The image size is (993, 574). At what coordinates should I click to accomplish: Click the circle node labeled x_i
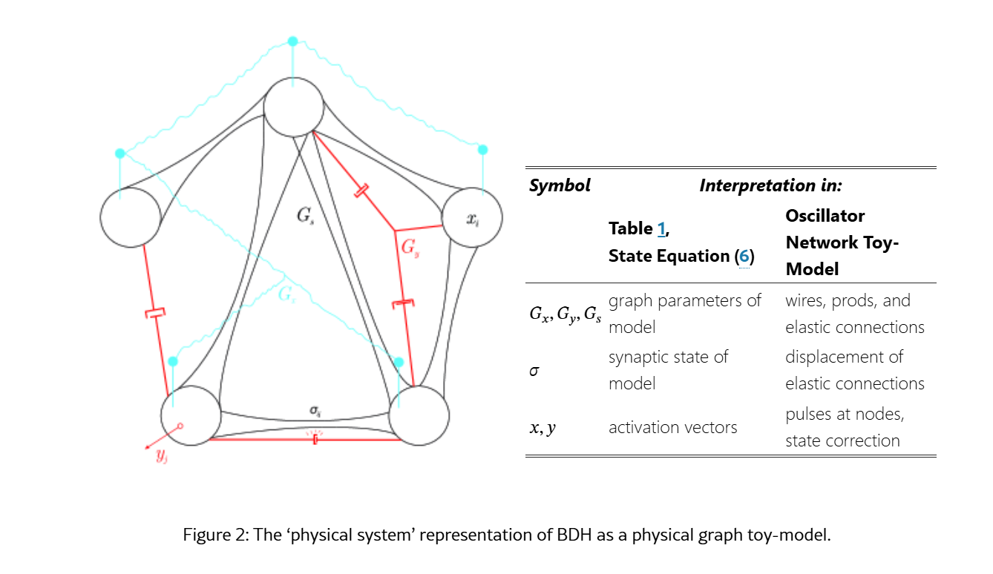pos(472,218)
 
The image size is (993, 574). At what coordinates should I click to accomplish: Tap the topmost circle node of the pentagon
pos(294,108)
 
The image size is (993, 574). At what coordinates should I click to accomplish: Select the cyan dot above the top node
pos(292,41)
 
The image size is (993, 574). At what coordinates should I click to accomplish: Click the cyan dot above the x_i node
pos(483,150)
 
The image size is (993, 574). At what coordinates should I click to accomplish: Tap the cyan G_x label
pos(286,294)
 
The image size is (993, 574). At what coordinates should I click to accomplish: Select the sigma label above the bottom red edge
pos(315,409)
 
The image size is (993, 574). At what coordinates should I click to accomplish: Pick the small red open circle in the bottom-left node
pos(180,426)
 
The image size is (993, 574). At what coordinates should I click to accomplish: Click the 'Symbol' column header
pos(560,185)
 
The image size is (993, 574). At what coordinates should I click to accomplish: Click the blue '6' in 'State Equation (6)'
pos(744,256)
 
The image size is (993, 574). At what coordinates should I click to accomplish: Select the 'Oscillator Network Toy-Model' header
pos(841,243)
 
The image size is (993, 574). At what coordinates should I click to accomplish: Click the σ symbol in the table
pos(534,370)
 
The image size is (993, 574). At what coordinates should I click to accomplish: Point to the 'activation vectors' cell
pos(672,427)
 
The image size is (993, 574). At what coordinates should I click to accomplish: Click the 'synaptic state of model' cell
pos(668,370)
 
